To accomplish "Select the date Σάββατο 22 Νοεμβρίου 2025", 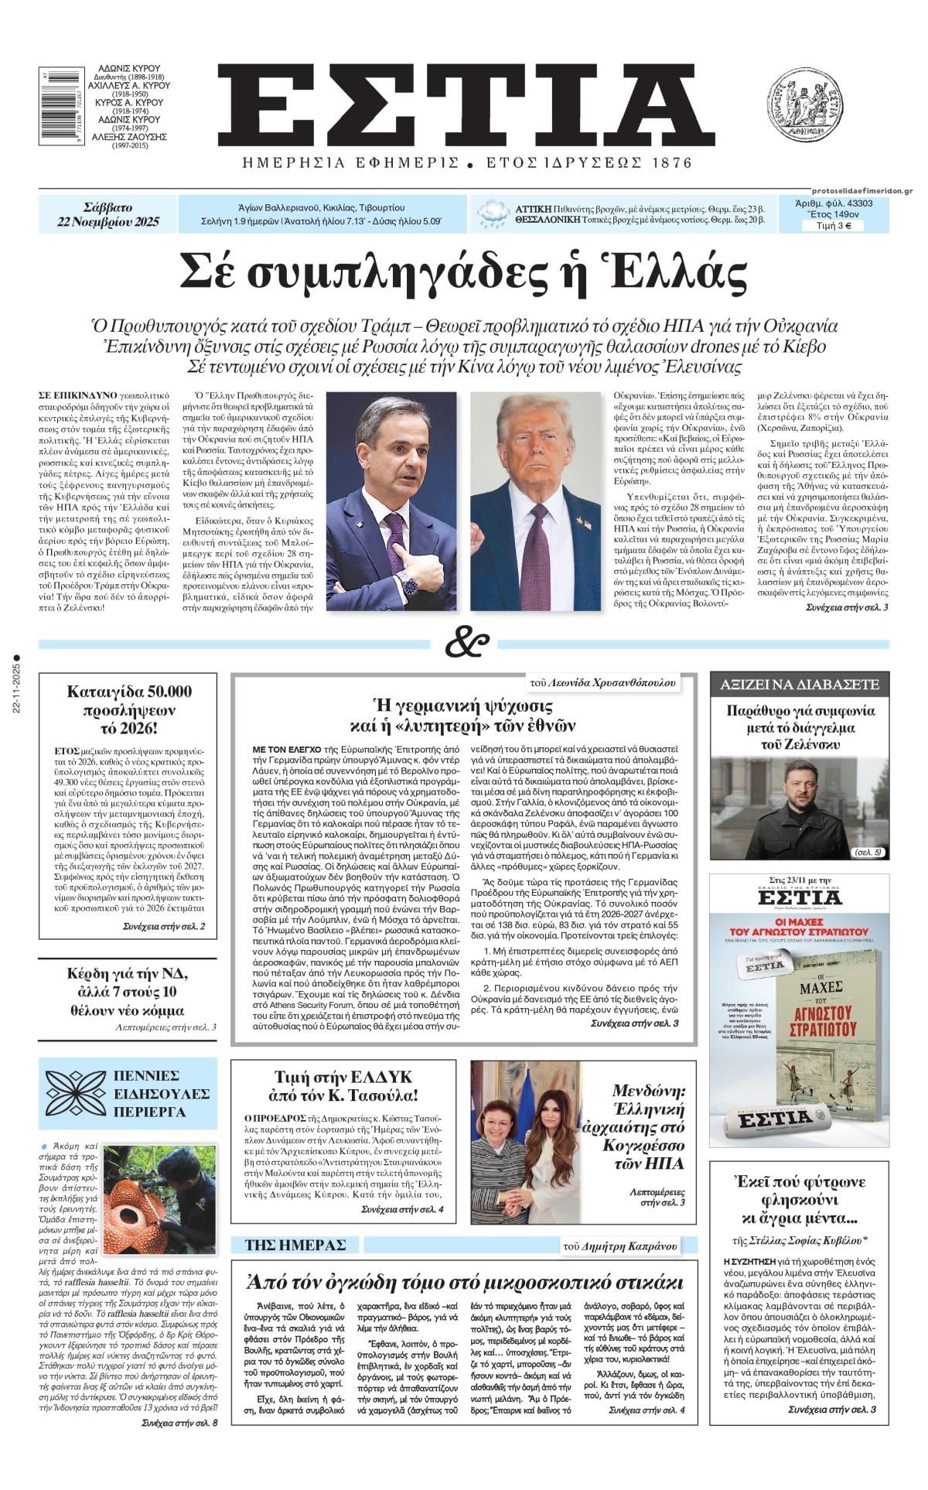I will coord(107,215).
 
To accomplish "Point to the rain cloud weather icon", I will coord(493,214).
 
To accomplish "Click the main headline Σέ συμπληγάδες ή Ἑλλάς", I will coord(464,272).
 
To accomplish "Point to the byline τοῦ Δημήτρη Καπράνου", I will coord(619,1246).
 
